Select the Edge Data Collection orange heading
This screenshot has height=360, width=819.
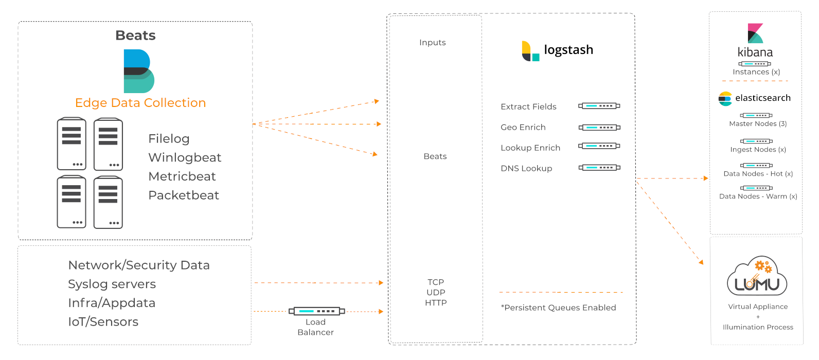[x=140, y=103]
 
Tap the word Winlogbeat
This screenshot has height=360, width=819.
[x=185, y=157]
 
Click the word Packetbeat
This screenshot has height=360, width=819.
[x=184, y=195]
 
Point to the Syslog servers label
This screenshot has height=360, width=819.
[x=112, y=284]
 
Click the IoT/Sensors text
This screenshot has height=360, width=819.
[x=103, y=322]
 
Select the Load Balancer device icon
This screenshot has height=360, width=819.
[x=316, y=311]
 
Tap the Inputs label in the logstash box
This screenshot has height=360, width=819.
[x=432, y=43]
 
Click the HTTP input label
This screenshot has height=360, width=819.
[x=436, y=303]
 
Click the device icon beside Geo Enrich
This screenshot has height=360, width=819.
[x=599, y=127]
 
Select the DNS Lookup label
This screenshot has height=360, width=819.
[x=526, y=169]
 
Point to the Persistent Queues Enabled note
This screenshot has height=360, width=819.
[x=558, y=308]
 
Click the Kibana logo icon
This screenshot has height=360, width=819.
[x=755, y=33]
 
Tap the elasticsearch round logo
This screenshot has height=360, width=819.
[x=725, y=98]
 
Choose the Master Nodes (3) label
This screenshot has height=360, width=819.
[x=758, y=124]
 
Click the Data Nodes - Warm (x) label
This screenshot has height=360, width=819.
[x=758, y=196]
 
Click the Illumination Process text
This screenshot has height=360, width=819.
[x=758, y=327]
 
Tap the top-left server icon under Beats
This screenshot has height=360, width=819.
[x=72, y=143]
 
